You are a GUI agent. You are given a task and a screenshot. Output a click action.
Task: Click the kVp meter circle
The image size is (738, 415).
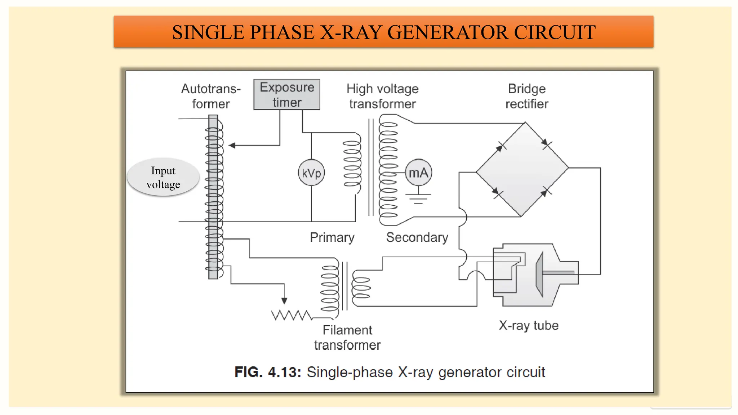click(x=311, y=173)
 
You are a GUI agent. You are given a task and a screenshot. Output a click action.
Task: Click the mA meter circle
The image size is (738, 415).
click(x=418, y=173)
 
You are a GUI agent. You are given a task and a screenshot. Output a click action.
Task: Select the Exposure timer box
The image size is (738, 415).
click(x=287, y=94)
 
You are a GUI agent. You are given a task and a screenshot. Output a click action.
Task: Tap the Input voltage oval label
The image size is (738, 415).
click(x=163, y=177)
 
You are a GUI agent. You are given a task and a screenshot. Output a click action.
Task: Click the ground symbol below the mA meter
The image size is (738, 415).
click(x=418, y=198)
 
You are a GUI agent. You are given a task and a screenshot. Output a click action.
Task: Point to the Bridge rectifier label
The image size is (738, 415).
click(x=526, y=96)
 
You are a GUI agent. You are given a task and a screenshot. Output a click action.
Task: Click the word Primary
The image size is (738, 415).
click(x=332, y=237)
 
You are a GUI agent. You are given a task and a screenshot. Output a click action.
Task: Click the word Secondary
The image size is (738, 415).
click(x=417, y=237)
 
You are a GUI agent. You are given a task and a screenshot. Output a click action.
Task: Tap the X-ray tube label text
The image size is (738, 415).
click(x=528, y=325)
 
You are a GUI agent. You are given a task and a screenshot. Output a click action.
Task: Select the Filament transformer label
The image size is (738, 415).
click(x=347, y=338)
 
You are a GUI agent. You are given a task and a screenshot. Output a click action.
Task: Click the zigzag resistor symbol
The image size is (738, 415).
click(x=291, y=315)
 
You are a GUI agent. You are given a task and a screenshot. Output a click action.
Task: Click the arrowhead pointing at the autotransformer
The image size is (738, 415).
click(x=232, y=146)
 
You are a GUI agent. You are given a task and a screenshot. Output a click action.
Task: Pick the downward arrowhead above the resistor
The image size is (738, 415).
click(x=284, y=300)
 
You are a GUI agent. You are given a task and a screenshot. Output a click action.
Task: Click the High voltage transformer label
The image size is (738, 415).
click(x=382, y=96)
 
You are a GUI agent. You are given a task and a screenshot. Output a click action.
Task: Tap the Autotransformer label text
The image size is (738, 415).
click(x=211, y=96)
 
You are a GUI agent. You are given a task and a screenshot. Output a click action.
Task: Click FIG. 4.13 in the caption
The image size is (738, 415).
click(x=267, y=372)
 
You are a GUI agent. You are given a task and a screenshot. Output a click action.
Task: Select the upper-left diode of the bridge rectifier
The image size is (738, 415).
click(x=501, y=147)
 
